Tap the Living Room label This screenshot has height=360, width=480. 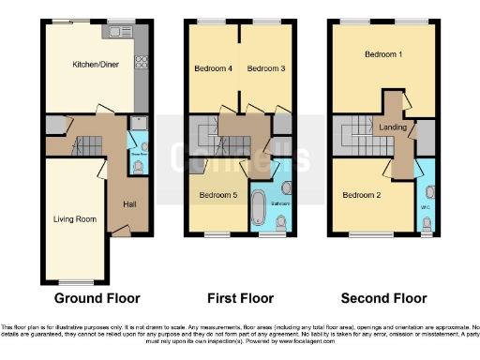point(74,219)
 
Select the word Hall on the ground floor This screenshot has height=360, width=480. point(129,203)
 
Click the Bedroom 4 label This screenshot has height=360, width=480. point(212,68)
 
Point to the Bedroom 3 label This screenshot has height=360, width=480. point(264,68)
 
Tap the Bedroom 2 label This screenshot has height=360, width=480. point(361,195)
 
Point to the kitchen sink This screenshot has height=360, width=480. point(120,33)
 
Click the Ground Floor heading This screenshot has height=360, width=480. point(97,298)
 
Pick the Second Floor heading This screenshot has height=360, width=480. point(383,298)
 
